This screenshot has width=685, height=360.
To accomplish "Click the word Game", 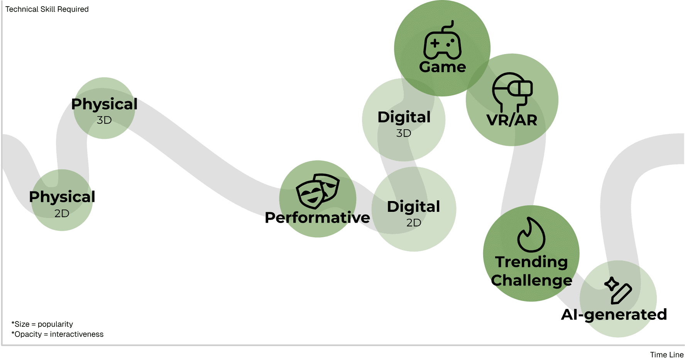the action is click(443, 67).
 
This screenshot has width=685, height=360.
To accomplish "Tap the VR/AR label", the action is click(512, 120).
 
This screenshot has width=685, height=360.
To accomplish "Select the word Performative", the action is click(317, 218).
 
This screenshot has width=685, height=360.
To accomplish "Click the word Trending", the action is click(531, 262).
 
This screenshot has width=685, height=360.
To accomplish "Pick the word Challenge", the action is click(531, 281).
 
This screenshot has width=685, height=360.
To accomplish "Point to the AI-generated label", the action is click(614, 315).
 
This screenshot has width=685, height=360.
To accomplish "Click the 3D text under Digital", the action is click(404, 133).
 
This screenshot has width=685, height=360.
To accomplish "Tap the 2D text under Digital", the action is click(414, 223).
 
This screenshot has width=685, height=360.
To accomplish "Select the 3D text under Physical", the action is click(104, 120).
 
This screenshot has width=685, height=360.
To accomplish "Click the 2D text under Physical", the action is click(62, 213).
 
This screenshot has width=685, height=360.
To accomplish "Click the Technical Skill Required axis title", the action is click(47, 9).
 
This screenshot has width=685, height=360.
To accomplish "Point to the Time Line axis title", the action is click(667, 355).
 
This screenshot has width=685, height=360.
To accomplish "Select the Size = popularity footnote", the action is click(42, 324).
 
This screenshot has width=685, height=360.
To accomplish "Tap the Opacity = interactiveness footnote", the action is click(58, 334).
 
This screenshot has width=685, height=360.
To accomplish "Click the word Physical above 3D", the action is click(104, 105).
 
